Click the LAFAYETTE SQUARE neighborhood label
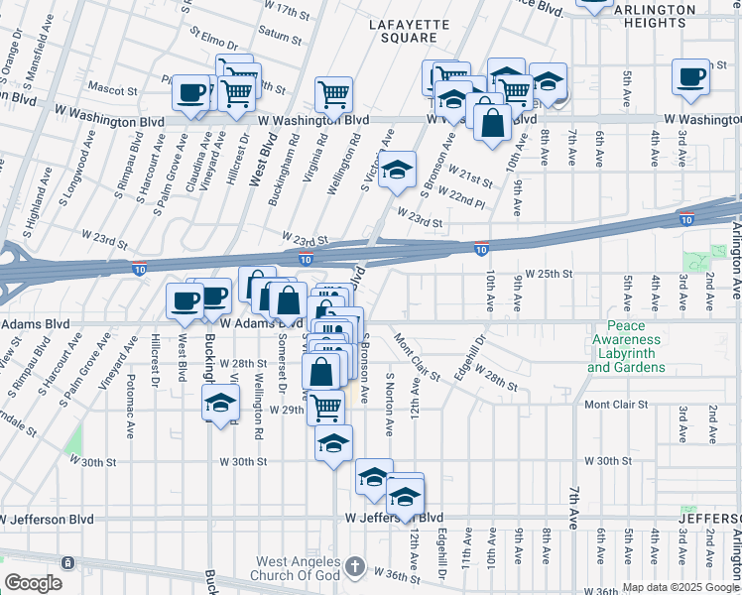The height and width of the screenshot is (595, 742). click(403, 30)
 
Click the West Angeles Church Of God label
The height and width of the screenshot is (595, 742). click(299, 568)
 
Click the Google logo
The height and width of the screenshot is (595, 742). click(33, 582)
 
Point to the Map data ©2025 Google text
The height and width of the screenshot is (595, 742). click(680, 587)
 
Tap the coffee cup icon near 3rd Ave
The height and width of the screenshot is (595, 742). click(690, 77)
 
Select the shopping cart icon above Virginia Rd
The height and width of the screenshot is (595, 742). click(334, 94)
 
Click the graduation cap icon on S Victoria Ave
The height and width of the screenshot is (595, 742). click(397, 170)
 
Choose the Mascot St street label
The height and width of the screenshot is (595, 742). click(112, 90)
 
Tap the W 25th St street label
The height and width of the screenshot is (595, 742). click(550, 273)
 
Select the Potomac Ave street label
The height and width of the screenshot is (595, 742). click(130, 414)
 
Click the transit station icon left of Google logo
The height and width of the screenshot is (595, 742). click(68, 562)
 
